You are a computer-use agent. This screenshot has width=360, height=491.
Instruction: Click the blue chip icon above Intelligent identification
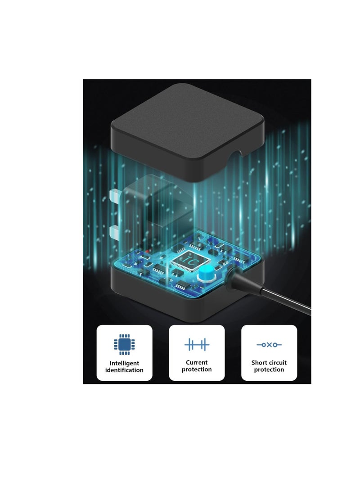click(124, 344)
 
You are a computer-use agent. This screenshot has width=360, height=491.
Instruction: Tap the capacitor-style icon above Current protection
click(197, 344)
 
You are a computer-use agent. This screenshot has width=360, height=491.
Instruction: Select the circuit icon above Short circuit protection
click(269, 345)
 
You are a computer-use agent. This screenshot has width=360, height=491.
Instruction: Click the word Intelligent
click(124, 363)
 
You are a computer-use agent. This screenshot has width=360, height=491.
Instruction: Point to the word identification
click(124, 370)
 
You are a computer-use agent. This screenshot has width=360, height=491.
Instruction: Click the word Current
click(197, 362)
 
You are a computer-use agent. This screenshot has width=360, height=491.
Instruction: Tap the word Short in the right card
click(258, 363)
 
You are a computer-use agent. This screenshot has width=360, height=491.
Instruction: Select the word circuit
click(277, 363)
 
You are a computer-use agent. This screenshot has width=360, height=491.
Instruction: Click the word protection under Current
click(197, 369)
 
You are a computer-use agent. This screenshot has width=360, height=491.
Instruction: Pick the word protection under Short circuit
click(269, 369)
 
